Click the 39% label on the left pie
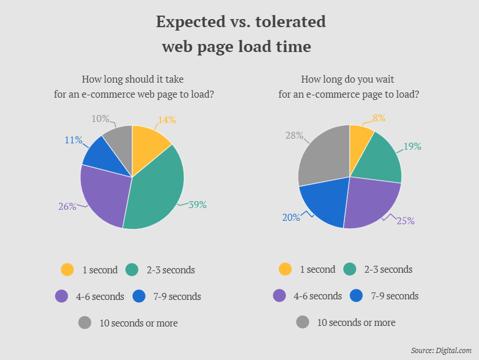[x=198, y=204]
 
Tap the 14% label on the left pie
[x=167, y=120]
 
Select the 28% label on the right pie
[x=294, y=135]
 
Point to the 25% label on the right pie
[x=406, y=221]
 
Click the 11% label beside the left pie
[x=73, y=140]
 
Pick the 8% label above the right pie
[x=379, y=118]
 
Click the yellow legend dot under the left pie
[x=68, y=270]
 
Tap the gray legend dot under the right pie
[x=303, y=322]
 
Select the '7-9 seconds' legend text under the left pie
[x=177, y=296]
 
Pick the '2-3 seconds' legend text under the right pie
[x=388, y=270]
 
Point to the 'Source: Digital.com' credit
[x=441, y=350]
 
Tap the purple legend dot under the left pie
[x=62, y=296]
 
